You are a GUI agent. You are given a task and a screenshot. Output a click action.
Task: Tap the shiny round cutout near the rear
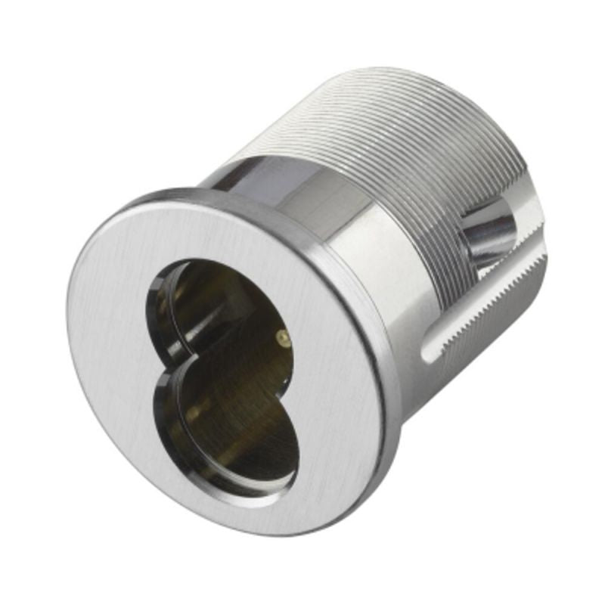point(488,231)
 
